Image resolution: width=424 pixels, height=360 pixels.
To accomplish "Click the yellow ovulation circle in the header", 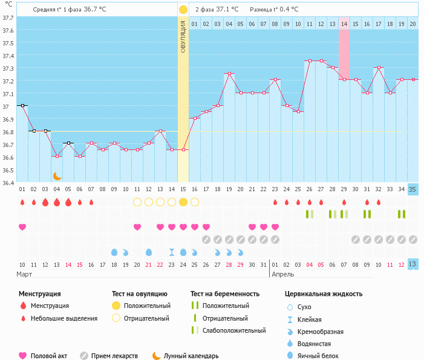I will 183,10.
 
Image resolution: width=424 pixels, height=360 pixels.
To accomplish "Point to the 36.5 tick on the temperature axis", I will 8,170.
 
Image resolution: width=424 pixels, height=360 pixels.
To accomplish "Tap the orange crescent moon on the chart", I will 57,175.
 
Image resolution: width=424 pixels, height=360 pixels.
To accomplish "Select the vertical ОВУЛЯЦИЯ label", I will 183,36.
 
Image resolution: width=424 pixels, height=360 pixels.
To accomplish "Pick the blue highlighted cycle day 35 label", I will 413,189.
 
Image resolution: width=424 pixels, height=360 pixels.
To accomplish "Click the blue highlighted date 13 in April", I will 413,264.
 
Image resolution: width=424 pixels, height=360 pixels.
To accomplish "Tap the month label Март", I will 24,274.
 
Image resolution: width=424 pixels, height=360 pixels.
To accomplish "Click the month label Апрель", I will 283,274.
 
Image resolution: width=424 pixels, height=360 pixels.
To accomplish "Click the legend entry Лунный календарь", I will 191,356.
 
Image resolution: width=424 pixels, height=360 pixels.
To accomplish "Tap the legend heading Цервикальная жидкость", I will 324,293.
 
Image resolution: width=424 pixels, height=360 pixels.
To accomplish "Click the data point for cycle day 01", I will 22,105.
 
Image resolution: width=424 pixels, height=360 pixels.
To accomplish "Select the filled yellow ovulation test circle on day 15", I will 183,202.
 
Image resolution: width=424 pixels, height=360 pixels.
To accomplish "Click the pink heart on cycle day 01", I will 22,227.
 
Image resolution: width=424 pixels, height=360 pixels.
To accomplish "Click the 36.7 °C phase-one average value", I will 95,10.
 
